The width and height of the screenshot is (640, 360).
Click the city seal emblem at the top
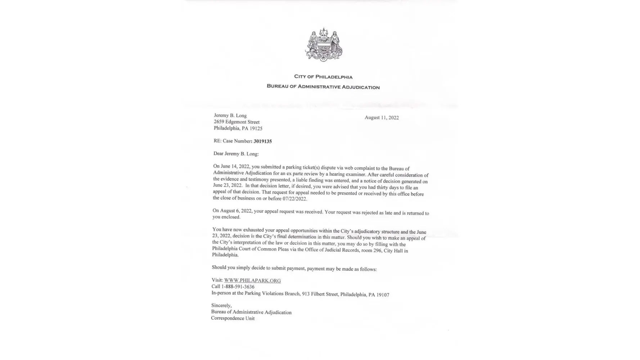324,45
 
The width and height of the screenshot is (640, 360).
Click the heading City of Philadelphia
323,77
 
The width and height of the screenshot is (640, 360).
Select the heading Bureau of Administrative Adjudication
323,87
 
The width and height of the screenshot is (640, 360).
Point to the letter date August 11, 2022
382,117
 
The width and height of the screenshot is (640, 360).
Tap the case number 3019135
262,141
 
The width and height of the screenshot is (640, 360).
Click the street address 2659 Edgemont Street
236,122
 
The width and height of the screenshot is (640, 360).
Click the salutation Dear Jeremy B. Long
236,154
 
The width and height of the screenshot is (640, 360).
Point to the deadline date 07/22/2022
294,199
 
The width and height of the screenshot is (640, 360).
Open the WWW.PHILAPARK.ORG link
252,280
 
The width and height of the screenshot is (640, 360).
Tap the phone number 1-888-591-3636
238,287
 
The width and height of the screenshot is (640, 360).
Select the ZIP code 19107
383,295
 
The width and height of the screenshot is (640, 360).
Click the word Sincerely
221,305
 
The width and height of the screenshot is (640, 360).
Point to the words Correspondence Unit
233,318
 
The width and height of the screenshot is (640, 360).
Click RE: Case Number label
232,141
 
